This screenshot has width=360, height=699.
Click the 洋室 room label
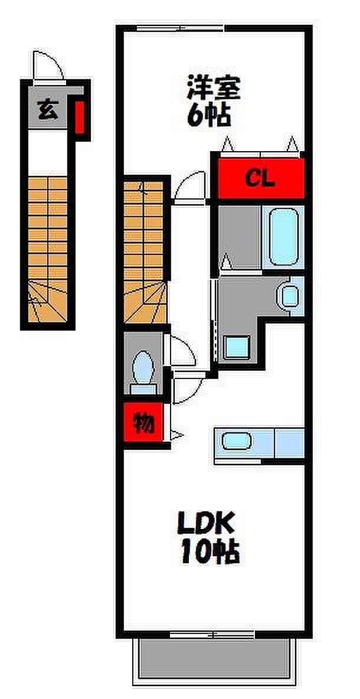point(213,90)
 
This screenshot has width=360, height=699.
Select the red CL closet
point(260,178)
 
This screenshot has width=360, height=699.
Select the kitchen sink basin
point(237,442)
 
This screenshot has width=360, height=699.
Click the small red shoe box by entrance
point(79,116)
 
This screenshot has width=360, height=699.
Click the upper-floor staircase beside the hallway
point(145,251)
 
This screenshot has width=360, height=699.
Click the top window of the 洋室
point(180,28)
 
